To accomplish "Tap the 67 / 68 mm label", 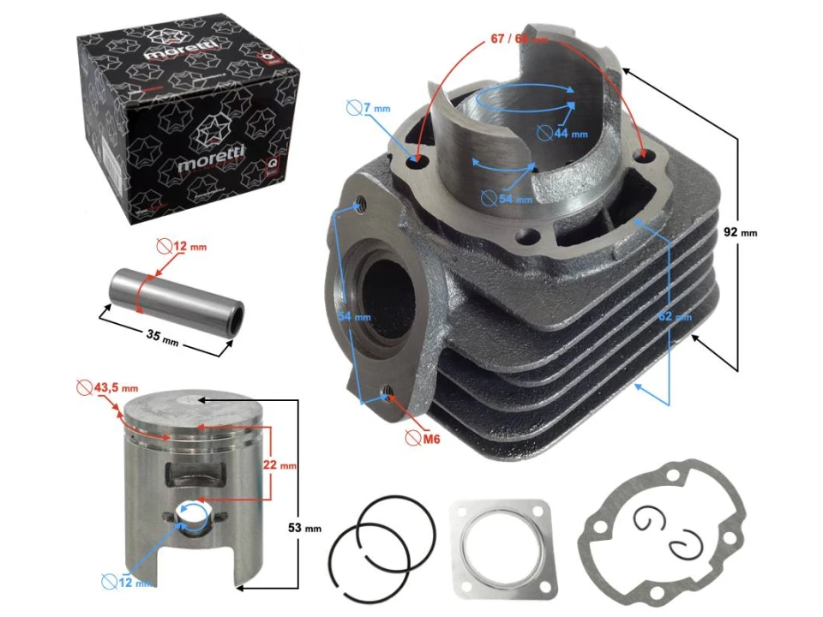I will pyautogui.click(x=519, y=39).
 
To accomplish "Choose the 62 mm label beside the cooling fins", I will pyautogui.click(x=676, y=316).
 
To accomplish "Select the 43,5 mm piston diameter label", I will pyautogui.click(x=100, y=387).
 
